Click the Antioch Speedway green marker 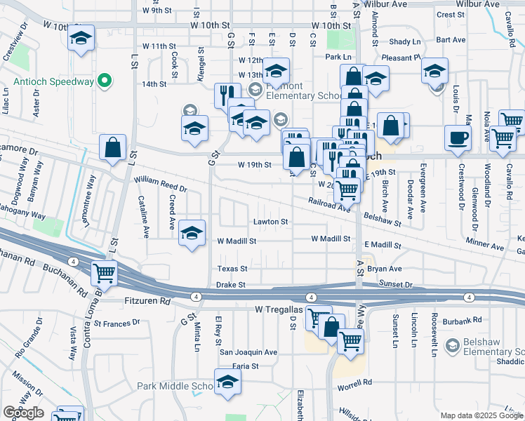[105, 82]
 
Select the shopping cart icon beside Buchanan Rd [105, 272]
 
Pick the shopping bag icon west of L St [112, 148]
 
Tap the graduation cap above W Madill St [192, 234]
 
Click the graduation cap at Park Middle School [227, 383]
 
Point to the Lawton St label [271, 222]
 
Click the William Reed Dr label [161, 185]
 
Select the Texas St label [232, 269]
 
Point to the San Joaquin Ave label [248, 352]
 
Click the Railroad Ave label [328, 204]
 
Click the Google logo [23, 413]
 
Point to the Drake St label [230, 285]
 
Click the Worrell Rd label [357, 383]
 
